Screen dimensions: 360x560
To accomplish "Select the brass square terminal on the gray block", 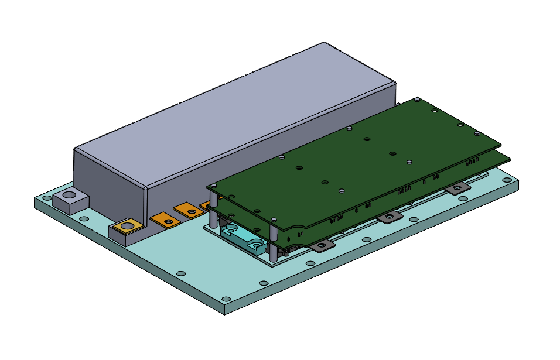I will click(x=127, y=225).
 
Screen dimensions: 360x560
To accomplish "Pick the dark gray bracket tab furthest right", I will click(x=457, y=187).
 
